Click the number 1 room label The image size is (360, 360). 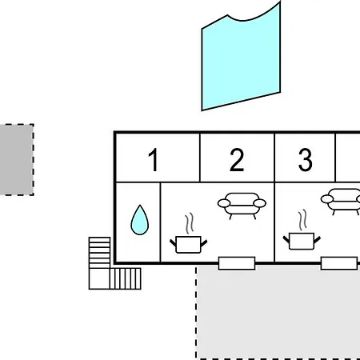pos(154,160)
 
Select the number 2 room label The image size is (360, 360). pos(237,160)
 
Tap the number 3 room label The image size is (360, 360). pos(306,160)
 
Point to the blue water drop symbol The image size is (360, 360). pos(140,220)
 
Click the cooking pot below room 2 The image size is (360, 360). pos(189,244)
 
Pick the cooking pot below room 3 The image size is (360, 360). pos(302,241)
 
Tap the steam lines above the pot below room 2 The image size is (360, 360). pos(190,223)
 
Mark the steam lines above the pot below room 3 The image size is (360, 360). pos(302,220)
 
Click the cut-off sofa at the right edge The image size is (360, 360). pos(341,202)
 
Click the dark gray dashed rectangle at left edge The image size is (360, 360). pos(17,160)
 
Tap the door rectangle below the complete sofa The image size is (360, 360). pos(237,263)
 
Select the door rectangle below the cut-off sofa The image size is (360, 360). pos(339,263)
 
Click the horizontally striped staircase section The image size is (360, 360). pos(99,253)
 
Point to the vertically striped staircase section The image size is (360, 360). pos(125,278)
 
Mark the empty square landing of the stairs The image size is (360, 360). pos(99,278)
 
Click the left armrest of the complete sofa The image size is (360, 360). pos(224,203)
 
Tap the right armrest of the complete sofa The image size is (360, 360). pos(260,203)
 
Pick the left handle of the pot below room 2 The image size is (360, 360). pos(173,242)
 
